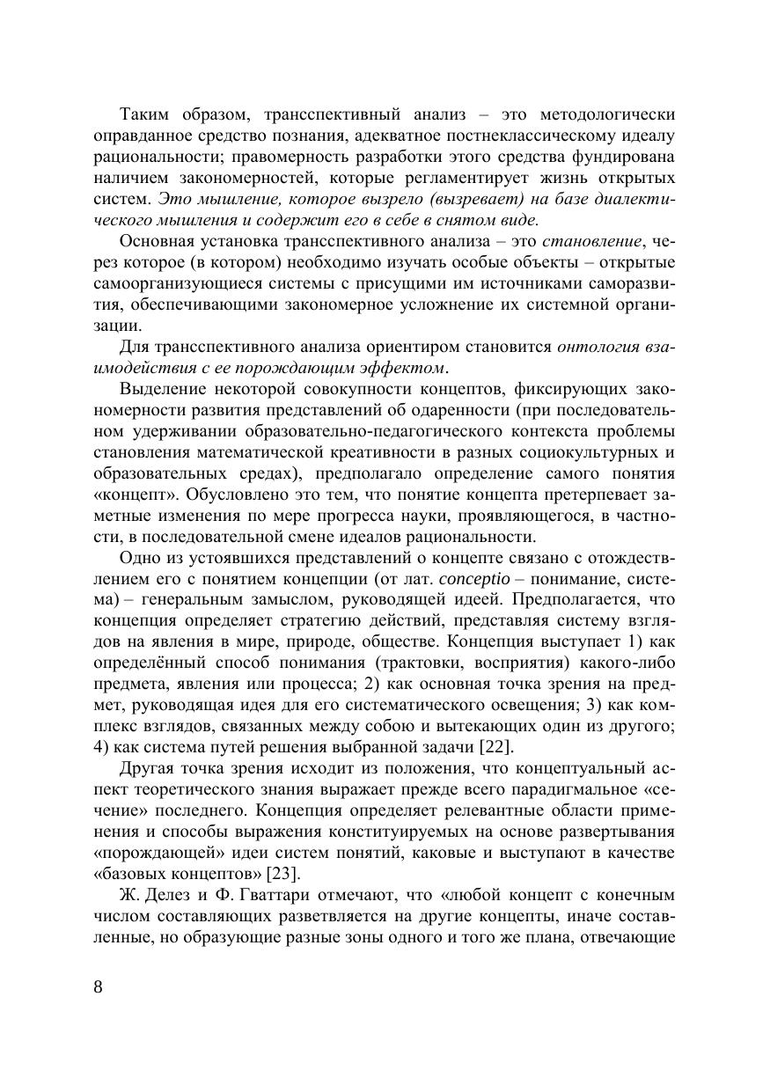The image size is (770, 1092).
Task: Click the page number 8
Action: [98, 986]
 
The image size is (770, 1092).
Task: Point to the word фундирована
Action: [627, 158]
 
